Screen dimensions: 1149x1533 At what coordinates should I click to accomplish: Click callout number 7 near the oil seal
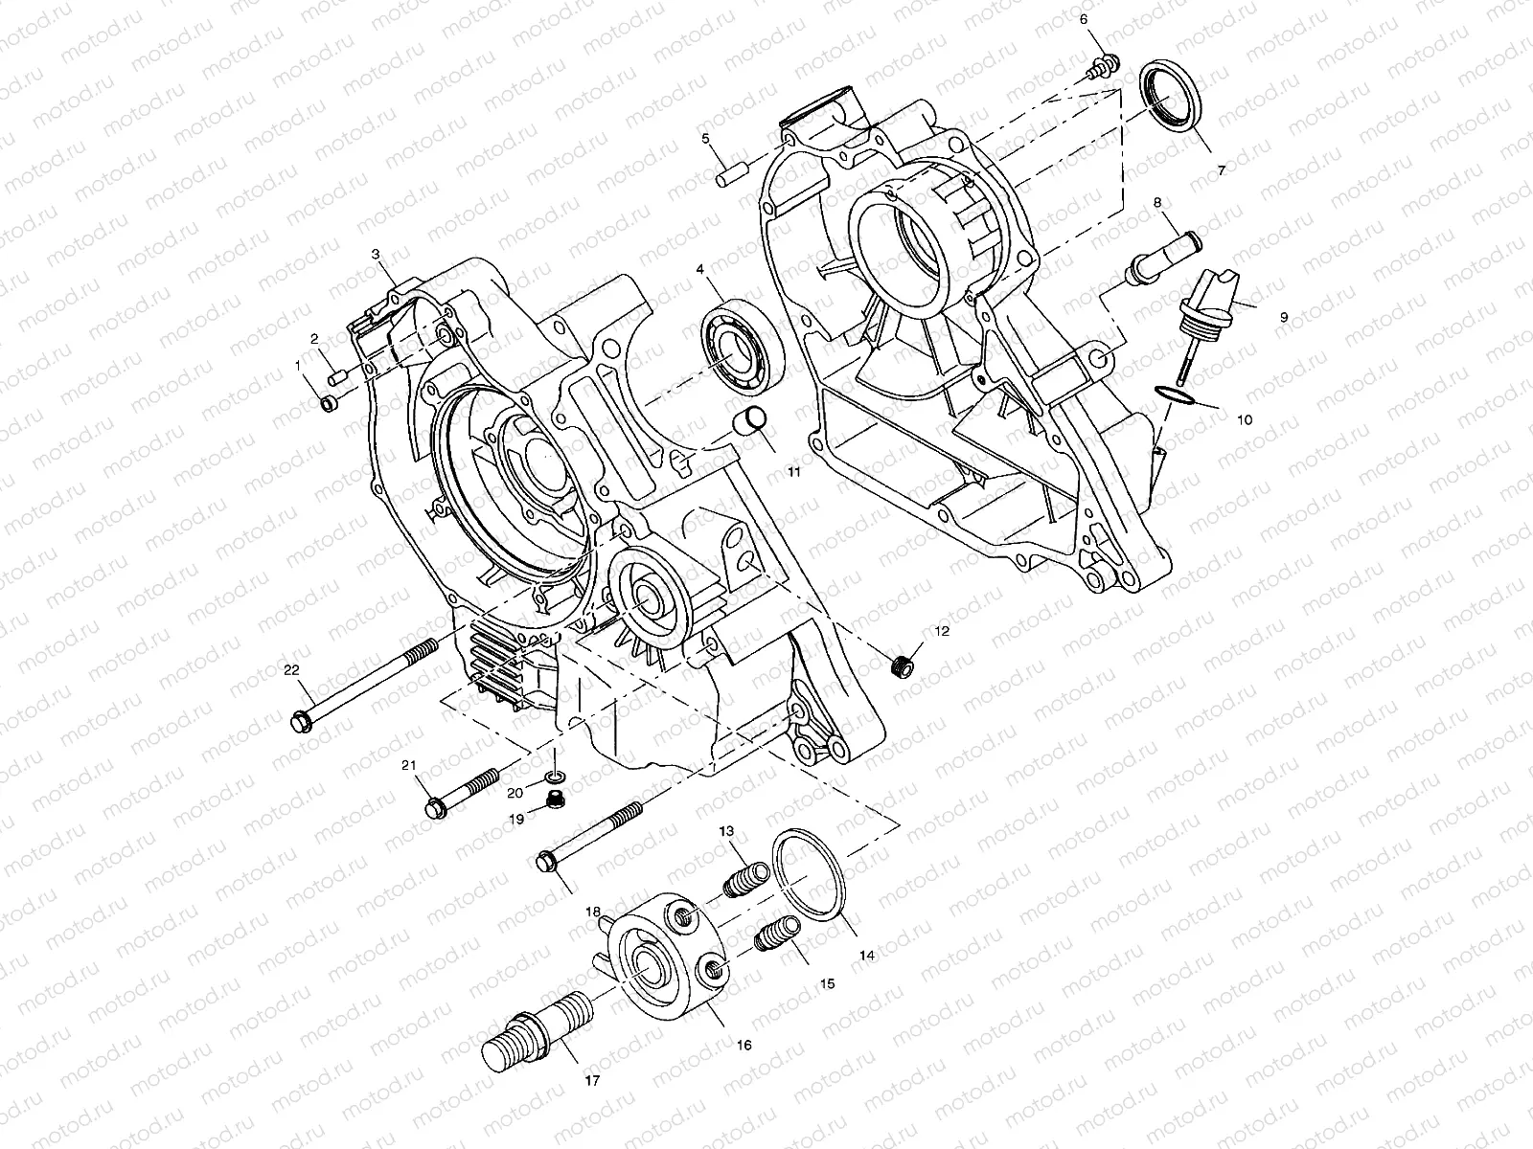(1222, 170)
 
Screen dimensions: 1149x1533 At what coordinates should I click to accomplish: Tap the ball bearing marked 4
(742, 349)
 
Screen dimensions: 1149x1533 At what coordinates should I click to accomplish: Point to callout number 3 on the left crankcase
(376, 253)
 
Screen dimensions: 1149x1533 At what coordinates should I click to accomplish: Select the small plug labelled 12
(901, 664)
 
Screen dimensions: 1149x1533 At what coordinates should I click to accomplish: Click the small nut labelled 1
(327, 404)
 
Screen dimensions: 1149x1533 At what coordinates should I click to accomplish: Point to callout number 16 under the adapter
(744, 1046)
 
